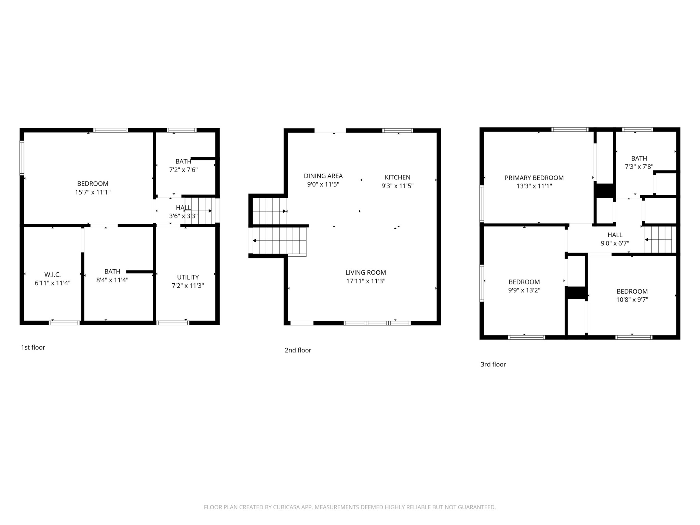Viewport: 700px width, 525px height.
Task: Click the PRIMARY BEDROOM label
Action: (534, 178)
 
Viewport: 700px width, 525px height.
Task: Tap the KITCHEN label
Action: (398, 177)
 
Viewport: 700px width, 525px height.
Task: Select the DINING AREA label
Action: (323, 176)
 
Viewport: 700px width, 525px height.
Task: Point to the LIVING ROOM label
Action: (366, 272)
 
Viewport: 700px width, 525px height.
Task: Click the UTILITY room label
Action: (188, 277)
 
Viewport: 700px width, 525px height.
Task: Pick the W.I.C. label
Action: (53, 274)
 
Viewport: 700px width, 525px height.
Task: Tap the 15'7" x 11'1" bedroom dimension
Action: (93, 192)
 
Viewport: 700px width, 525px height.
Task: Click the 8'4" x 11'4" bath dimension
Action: (112, 280)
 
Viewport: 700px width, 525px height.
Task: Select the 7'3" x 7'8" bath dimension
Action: (639, 167)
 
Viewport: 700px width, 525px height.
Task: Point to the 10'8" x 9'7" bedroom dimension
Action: (632, 300)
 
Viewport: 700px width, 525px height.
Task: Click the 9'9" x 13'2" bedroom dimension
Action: (524, 290)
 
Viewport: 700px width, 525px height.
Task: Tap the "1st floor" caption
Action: (33, 347)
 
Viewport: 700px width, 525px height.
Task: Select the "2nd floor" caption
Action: (298, 350)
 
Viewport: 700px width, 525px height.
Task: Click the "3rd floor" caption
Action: (493, 364)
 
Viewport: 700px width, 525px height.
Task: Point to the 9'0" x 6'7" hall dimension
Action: (615, 243)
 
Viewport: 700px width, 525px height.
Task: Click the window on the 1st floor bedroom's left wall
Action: (22, 158)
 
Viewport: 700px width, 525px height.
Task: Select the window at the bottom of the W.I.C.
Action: (65, 323)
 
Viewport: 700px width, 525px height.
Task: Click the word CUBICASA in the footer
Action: (286, 507)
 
